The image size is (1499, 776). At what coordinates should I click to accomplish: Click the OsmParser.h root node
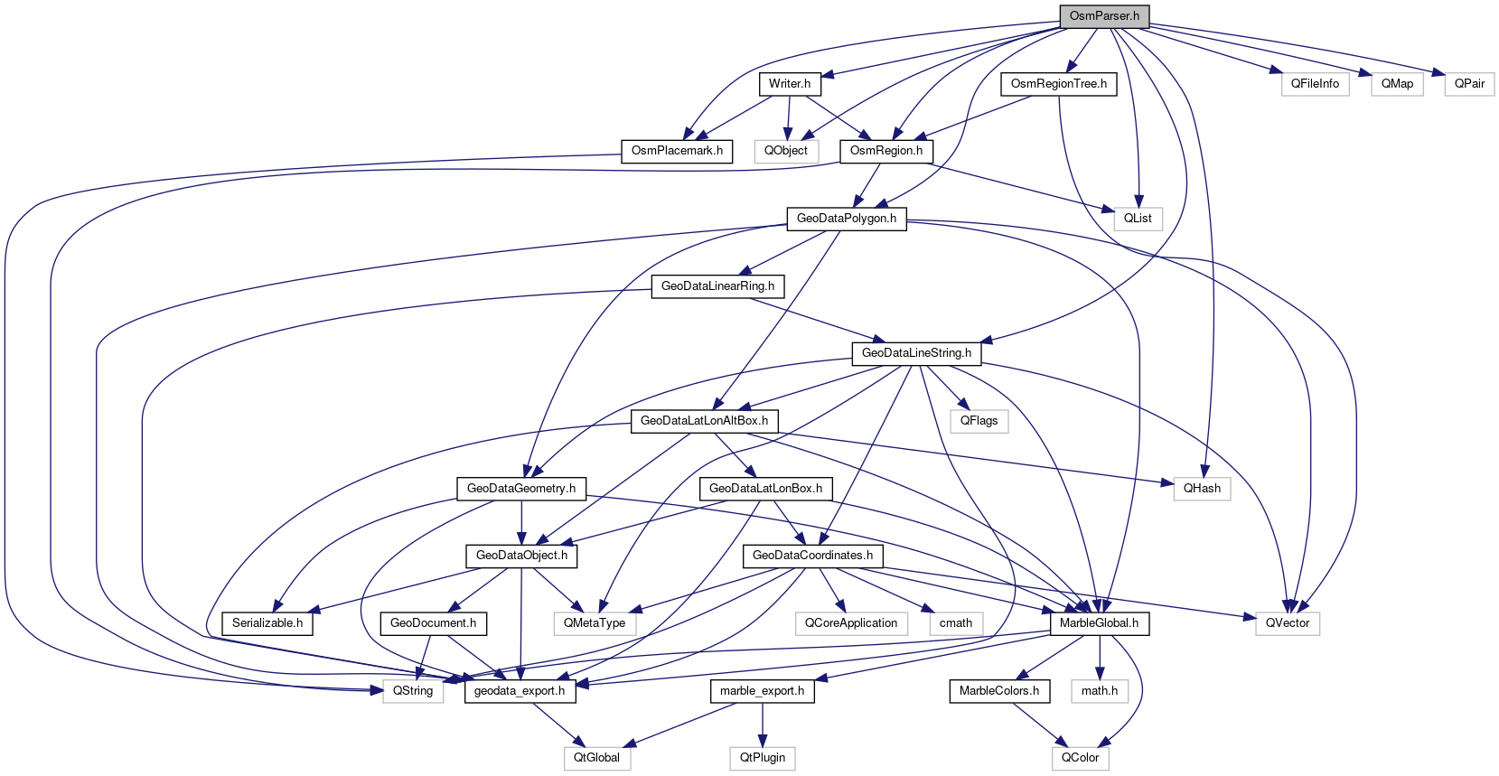pyautogui.click(x=1104, y=16)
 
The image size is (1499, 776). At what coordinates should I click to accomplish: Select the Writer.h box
pyautogui.click(x=789, y=84)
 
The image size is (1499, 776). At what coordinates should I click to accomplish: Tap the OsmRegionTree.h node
pyautogui.click(x=1058, y=84)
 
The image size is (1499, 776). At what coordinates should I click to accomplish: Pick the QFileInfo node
pyautogui.click(x=1315, y=84)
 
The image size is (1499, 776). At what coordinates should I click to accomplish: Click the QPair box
pyautogui.click(x=1469, y=84)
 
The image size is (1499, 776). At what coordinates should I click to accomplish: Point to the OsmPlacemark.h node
pyautogui.click(x=677, y=151)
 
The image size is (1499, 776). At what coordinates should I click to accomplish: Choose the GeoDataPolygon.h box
pyautogui.click(x=846, y=219)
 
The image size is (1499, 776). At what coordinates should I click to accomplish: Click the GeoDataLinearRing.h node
pyautogui.click(x=717, y=286)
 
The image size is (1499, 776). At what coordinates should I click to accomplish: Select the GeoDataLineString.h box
pyautogui.click(x=916, y=353)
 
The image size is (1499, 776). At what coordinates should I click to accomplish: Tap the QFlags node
pyautogui.click(x=979, y=421)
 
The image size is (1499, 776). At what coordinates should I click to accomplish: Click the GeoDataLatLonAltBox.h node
pyautogui.click(x=704, y=421)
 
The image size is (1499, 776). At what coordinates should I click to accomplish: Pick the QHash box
pyautogui.click(x=1202, y=489)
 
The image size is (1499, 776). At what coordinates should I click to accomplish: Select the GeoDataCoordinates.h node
pyautogui.click(x=812, y=556)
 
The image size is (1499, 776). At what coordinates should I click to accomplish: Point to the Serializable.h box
pyautogui.click(x=267, y=623)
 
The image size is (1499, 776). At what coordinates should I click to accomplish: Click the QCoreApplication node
pyautogui.click(x=851, y=623)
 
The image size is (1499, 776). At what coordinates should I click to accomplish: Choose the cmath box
pyautogui.click(x=956, y=623)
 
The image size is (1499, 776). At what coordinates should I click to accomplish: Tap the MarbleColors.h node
pyautogui.click(x=998, y=691)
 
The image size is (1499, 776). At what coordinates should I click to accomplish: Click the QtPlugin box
pyautogui.click(x=763, y=758)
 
